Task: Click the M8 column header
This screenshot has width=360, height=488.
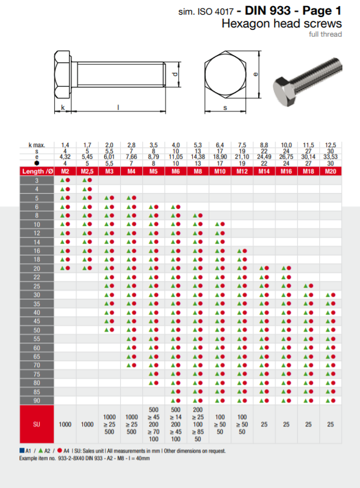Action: [x=198, y=171]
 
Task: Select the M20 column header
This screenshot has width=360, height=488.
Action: [x=331, y=171]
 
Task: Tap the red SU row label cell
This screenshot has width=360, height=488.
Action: [x=37, y=424]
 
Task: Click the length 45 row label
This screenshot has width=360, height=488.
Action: [x=37, y=321]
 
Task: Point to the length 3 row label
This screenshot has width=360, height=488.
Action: [x=37, y=180]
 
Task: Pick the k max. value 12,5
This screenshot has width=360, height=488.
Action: [x=331, y=145]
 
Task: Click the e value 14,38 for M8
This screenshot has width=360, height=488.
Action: [x=198, y=157]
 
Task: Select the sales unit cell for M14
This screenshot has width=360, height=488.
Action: [x=264, y=424]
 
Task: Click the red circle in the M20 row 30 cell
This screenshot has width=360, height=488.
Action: [x=333, y=295]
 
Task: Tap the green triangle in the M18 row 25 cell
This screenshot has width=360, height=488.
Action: [x=306, y=286]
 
